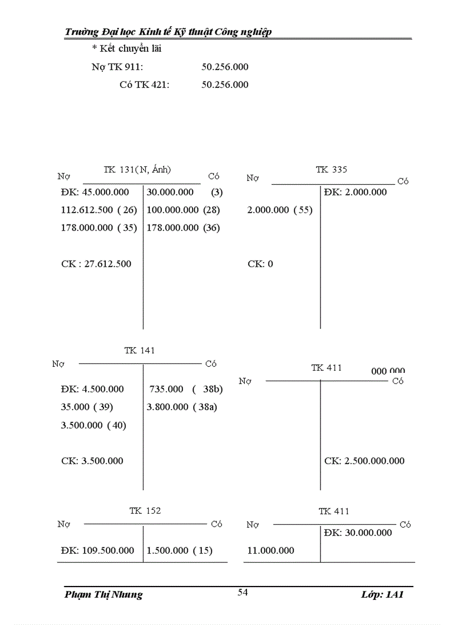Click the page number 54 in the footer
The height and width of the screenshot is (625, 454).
(x=243, y=593)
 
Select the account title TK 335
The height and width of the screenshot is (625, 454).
(x=331, y=170)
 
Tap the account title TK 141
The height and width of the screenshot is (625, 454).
(x=140, y=351)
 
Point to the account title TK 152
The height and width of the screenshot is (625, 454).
(x=145, y=511)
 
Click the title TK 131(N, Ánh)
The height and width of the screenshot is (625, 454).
(x=137, y=170)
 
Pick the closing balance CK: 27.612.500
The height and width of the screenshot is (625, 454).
(x=96, y=264)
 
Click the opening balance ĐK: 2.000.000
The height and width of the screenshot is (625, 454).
(x=356, y=193)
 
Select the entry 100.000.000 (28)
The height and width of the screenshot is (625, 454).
(x=183, y=210)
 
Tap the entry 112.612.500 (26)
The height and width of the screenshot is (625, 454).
(x=99, y=210)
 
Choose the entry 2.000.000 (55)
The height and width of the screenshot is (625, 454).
(x=280, y=210)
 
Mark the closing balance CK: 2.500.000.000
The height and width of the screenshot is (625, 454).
(x=364, y=461)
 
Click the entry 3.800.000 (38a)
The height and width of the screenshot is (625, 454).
(x=182, y=407)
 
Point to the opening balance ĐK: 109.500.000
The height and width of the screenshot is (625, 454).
(x=97, y=550)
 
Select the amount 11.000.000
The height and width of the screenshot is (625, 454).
(x=271, y=550)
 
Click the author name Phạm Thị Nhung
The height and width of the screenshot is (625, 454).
(x=103, y=594)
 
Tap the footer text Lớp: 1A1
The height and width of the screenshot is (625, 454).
(x=382, y=594)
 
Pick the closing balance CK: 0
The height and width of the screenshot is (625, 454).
(x=260, y=264)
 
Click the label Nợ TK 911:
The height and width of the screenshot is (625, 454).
(x=117, y=67)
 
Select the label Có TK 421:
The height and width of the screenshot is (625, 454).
(x=145, y=85)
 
